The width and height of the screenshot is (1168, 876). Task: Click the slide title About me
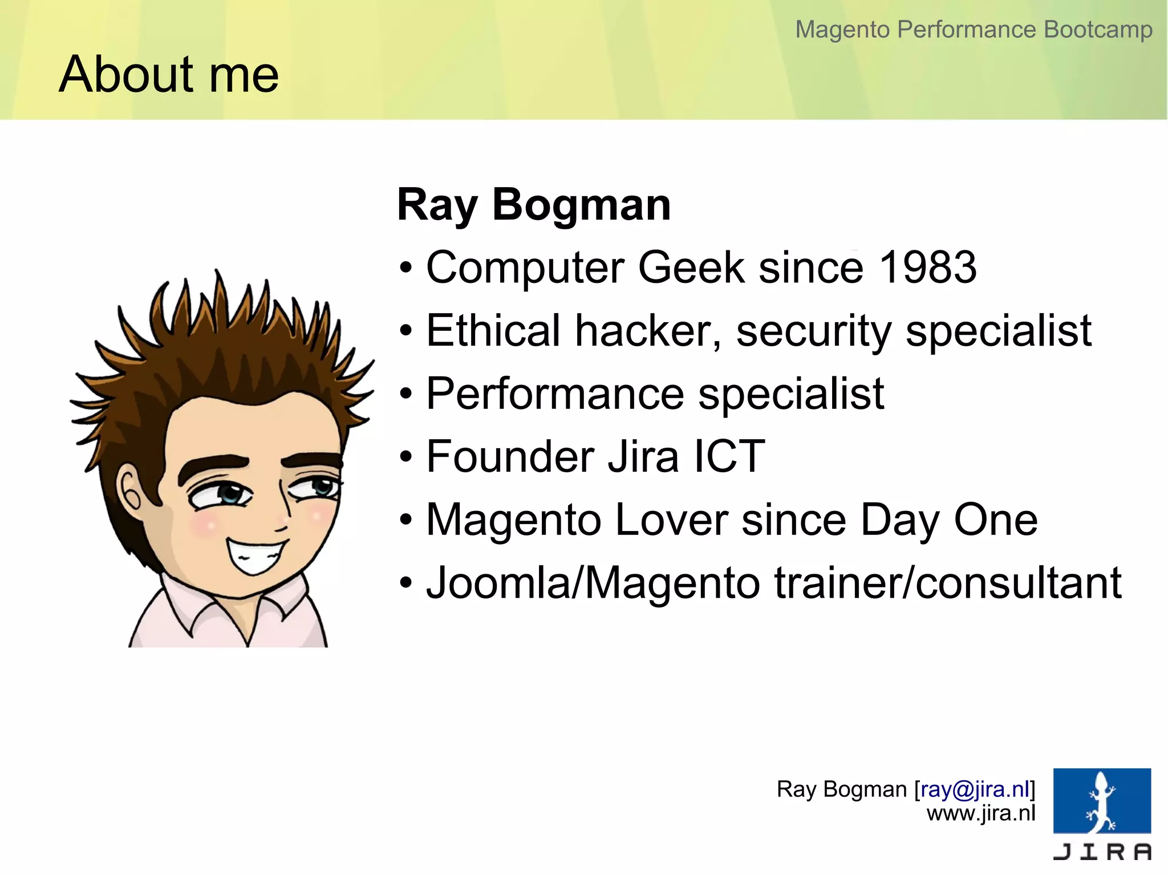(x=169, y=75)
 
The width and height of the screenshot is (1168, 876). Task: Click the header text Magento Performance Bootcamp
(x=974, y=30)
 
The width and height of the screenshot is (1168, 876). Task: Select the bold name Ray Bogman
(x=534, y=205)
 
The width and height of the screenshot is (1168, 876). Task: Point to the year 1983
(x=927, y=267)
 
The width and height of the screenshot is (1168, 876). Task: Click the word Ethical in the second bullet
(x=493, y=331)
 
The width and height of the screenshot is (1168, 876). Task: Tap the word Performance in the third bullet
(x=555, y=394)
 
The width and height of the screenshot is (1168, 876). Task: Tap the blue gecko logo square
(x=1101, y=801)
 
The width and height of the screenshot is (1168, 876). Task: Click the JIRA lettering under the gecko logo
(x=1101, y=852)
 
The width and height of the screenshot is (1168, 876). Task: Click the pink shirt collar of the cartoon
(x=188, y=607)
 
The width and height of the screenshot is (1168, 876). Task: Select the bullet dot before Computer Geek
(x=405, y=268)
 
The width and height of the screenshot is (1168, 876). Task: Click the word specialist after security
(x=998, y=331)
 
